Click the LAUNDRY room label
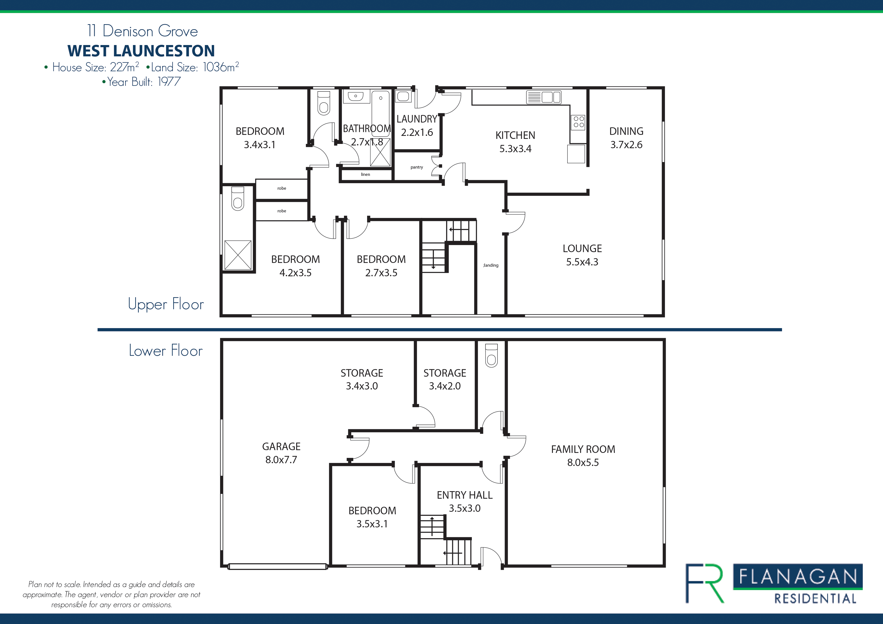(x=417, y=119)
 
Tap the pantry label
(x=416, y=167)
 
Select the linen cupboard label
(x=365, y=174)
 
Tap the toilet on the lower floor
(x=491, y=356)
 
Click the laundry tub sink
(x=403, y=96)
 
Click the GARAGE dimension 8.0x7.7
(x=281, y=459)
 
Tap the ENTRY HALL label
(x=465, y=495)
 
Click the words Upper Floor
(x=166, y=304)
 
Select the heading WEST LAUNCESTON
(x=141, y=51)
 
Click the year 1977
(x=169, y=82)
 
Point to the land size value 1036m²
(x=221, y=67)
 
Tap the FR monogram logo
(x=704, y=583)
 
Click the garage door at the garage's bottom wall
(x=277, y=566)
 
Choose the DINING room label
(x=626, y=131)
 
